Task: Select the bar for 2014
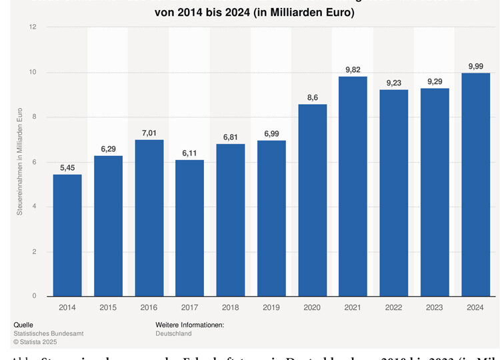click(67, 235)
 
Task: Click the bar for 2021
click(353, 186)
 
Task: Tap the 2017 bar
click(190, 228)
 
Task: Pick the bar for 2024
click(475, 184)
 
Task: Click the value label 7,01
click(149, 133)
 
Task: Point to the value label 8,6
click(313, 98)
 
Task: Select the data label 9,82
click(353, 70)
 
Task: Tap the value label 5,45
click(67, 169)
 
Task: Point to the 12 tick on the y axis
click(32, 27)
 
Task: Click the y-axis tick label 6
click(33, 162)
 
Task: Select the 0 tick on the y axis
click(33, 297)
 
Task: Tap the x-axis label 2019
click(271, 309)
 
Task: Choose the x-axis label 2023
click(435, 309)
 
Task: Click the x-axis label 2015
click(108, 309)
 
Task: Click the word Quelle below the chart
click(23, 325)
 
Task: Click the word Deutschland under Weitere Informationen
click(173, 333)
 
